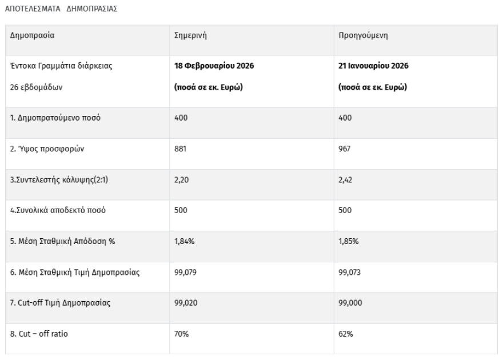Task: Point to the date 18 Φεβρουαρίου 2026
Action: pos(214,66)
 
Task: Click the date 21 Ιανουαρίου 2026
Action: pos(374,66)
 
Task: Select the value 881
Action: pos(181,149)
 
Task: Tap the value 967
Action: pos(345,149)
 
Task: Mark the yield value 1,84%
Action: pos(184,241)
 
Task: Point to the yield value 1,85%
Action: pos(349,241)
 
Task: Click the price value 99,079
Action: pos(185,272)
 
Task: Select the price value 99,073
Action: pos(350,272)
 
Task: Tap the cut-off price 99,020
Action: pos(185,302)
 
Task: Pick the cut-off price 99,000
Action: pos(350,302)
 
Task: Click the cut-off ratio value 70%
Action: pos(181,333)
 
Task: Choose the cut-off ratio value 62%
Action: pos(346,333)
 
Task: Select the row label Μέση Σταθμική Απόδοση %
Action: pos(63,241)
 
